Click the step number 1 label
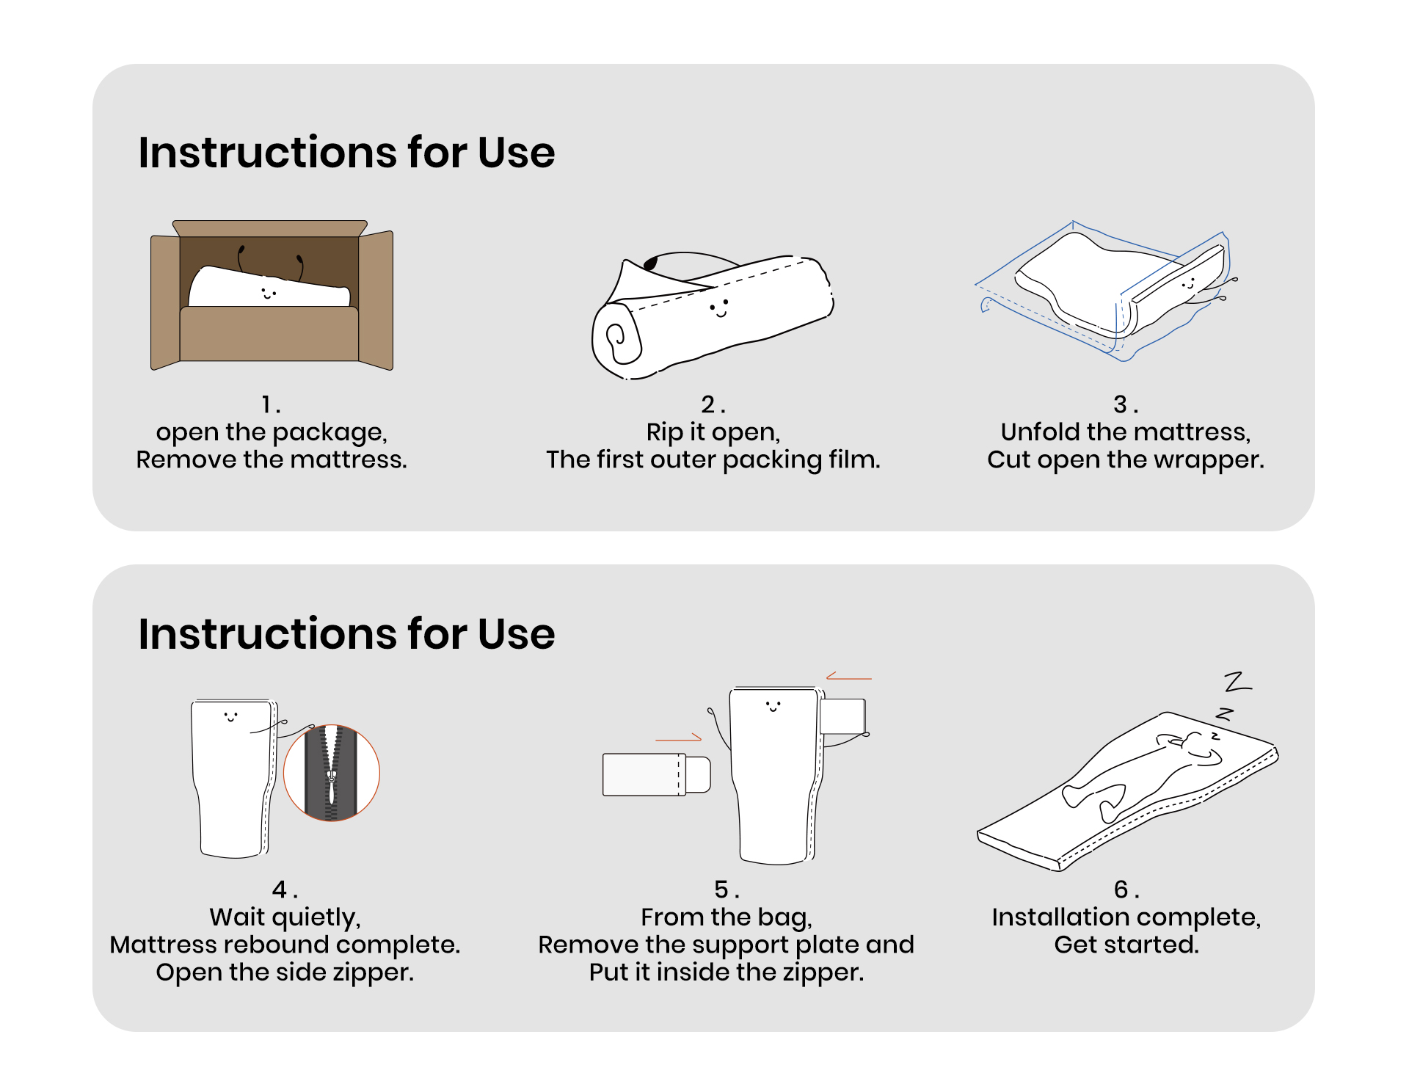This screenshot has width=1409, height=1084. (271, 404)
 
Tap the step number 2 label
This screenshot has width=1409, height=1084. (713, 404)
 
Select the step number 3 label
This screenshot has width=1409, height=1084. (1125, 404)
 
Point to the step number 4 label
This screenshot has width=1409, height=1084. (285, 890)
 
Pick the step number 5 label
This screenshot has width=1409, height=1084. (727, 890)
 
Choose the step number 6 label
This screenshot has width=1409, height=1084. (1126, 890)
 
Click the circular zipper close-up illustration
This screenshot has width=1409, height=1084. (332, 773)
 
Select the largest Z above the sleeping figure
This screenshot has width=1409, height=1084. (1238, 683)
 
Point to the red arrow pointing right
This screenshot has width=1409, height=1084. (678, 738)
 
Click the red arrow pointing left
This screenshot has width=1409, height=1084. (849, 676)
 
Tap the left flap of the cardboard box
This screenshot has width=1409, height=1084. (165, 301)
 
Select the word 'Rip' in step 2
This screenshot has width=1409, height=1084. (664, 432)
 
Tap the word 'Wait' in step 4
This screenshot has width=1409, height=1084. (236, 917)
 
